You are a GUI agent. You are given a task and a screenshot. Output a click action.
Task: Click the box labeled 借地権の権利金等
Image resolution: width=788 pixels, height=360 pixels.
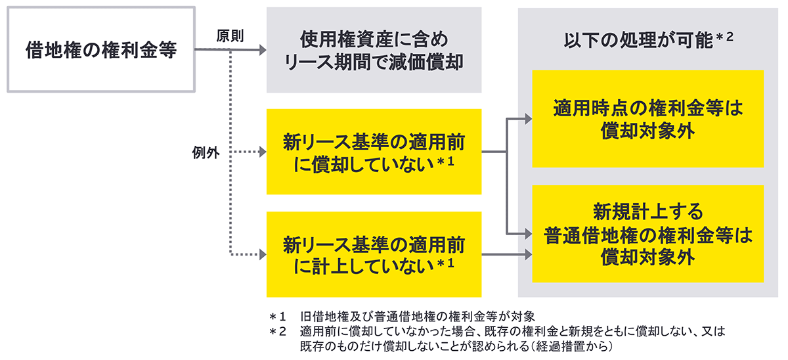pyautogui.click(x=101, y=49)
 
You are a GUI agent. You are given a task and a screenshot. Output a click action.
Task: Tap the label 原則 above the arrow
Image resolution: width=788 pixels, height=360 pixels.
pyautogui.click(x=230, y=36)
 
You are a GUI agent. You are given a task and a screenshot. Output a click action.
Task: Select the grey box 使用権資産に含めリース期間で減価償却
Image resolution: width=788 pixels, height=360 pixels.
pyautogui.click(x=374, y=49)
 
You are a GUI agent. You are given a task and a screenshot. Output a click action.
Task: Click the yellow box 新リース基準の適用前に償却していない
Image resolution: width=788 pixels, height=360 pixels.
pyautogui.click(x=374, y=152)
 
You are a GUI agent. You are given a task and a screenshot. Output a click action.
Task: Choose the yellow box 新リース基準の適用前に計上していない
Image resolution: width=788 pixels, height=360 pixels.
pyautogui.click(x=374, y=254)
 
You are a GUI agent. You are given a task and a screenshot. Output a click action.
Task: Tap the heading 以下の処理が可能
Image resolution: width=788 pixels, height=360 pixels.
pyautogui.click(x=638, y=41)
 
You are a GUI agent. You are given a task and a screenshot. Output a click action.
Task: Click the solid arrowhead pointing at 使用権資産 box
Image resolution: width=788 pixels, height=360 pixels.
pyautogui.click(x=263, y=49)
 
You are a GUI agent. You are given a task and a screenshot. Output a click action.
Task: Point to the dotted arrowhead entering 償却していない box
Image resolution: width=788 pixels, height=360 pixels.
pyautogui.click(x=263, y=152)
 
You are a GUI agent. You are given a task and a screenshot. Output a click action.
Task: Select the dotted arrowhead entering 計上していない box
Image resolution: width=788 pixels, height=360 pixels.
pyautogui.click(x=263, y=254)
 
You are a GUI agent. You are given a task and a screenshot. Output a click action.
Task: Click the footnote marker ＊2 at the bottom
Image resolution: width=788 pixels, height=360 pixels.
pyautogui.click(x=278, y=331)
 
